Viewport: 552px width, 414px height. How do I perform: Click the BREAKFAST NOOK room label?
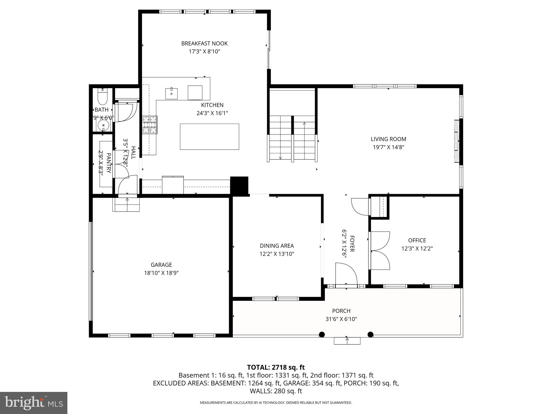click(204, 43)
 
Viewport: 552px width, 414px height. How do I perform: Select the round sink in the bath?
click(103, 125)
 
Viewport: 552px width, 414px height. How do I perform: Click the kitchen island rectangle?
click(209, 136)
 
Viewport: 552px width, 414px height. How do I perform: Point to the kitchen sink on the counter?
click(171, 93)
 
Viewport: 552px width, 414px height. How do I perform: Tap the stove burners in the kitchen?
click(150, 125)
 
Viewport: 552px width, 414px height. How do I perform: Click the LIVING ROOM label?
click(388, 139)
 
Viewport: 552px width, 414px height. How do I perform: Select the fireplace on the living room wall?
click(456, 141)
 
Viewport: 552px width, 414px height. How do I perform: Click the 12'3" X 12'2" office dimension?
click(417, 249)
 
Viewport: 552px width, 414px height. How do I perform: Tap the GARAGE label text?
click(161, 265)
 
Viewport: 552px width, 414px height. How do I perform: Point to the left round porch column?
click(322, 334)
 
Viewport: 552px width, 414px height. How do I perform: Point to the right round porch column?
click(370, 334)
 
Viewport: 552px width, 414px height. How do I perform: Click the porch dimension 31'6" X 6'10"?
click(341, 319)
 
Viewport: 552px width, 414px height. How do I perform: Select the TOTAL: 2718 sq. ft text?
click(276, 367)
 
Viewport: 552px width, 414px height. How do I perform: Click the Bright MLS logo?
click(34, 403)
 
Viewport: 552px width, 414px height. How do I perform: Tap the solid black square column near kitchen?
click(239, 185)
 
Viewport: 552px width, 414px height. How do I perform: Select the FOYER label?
click(352, 244)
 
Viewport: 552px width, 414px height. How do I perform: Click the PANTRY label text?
click(109, 163)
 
